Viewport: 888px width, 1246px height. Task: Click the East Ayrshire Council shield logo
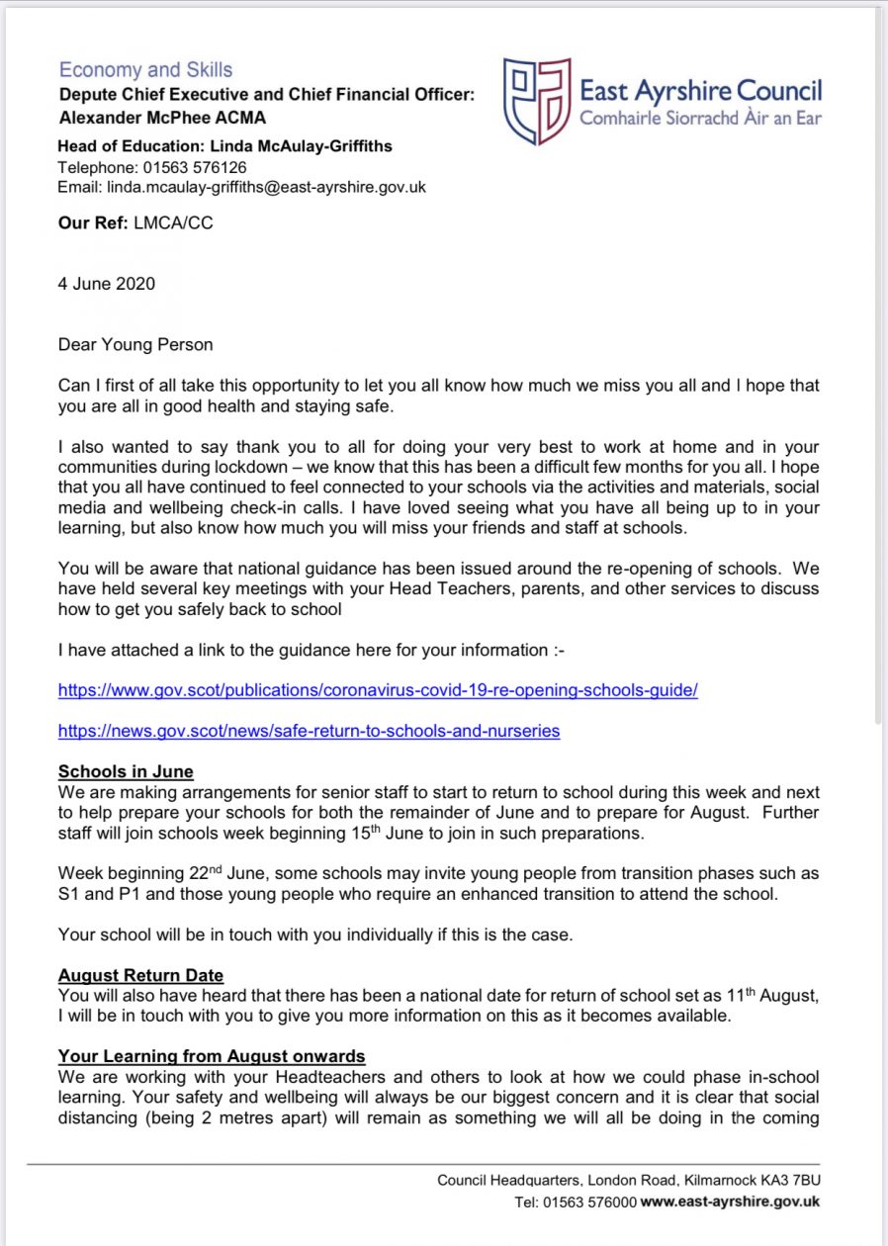pyautogui.click(x=537, y=100)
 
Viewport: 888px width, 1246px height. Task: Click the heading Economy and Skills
pyautogui.click(x=145, y=70)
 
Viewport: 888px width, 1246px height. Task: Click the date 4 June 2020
pyautogui.click(x=107, y=284)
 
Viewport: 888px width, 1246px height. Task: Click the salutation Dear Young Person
pyautogui.click(x=135, y=345)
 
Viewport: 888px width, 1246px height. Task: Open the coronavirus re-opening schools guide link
pyautogui.click(x=378, y=690)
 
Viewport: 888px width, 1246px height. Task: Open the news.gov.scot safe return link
pyautogui.click(x=309, y=731)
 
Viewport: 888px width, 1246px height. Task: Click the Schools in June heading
pyautogui.click(x=126, y=772)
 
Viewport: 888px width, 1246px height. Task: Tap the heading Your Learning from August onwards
pyautogui.click(x=212, y=1057)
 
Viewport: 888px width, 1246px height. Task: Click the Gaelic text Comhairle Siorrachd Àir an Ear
pyautogui.click(x=700, y=118)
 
